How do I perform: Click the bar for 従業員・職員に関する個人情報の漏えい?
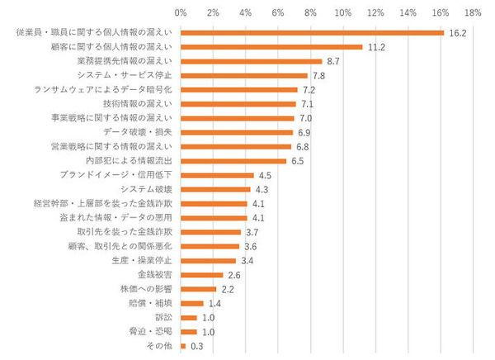(312, 32)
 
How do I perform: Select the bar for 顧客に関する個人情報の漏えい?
(271, 47)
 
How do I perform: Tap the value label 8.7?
(333, 61)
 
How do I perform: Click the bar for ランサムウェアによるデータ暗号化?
(239, 89)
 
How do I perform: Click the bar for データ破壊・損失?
(237, 132)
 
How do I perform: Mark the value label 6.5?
(298, 160)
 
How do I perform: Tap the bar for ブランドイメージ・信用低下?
(217, 175)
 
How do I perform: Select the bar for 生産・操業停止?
(208, 261)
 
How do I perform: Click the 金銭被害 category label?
(154, 275)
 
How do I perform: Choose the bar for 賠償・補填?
(191, 303)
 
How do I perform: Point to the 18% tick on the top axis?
(473, 14)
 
